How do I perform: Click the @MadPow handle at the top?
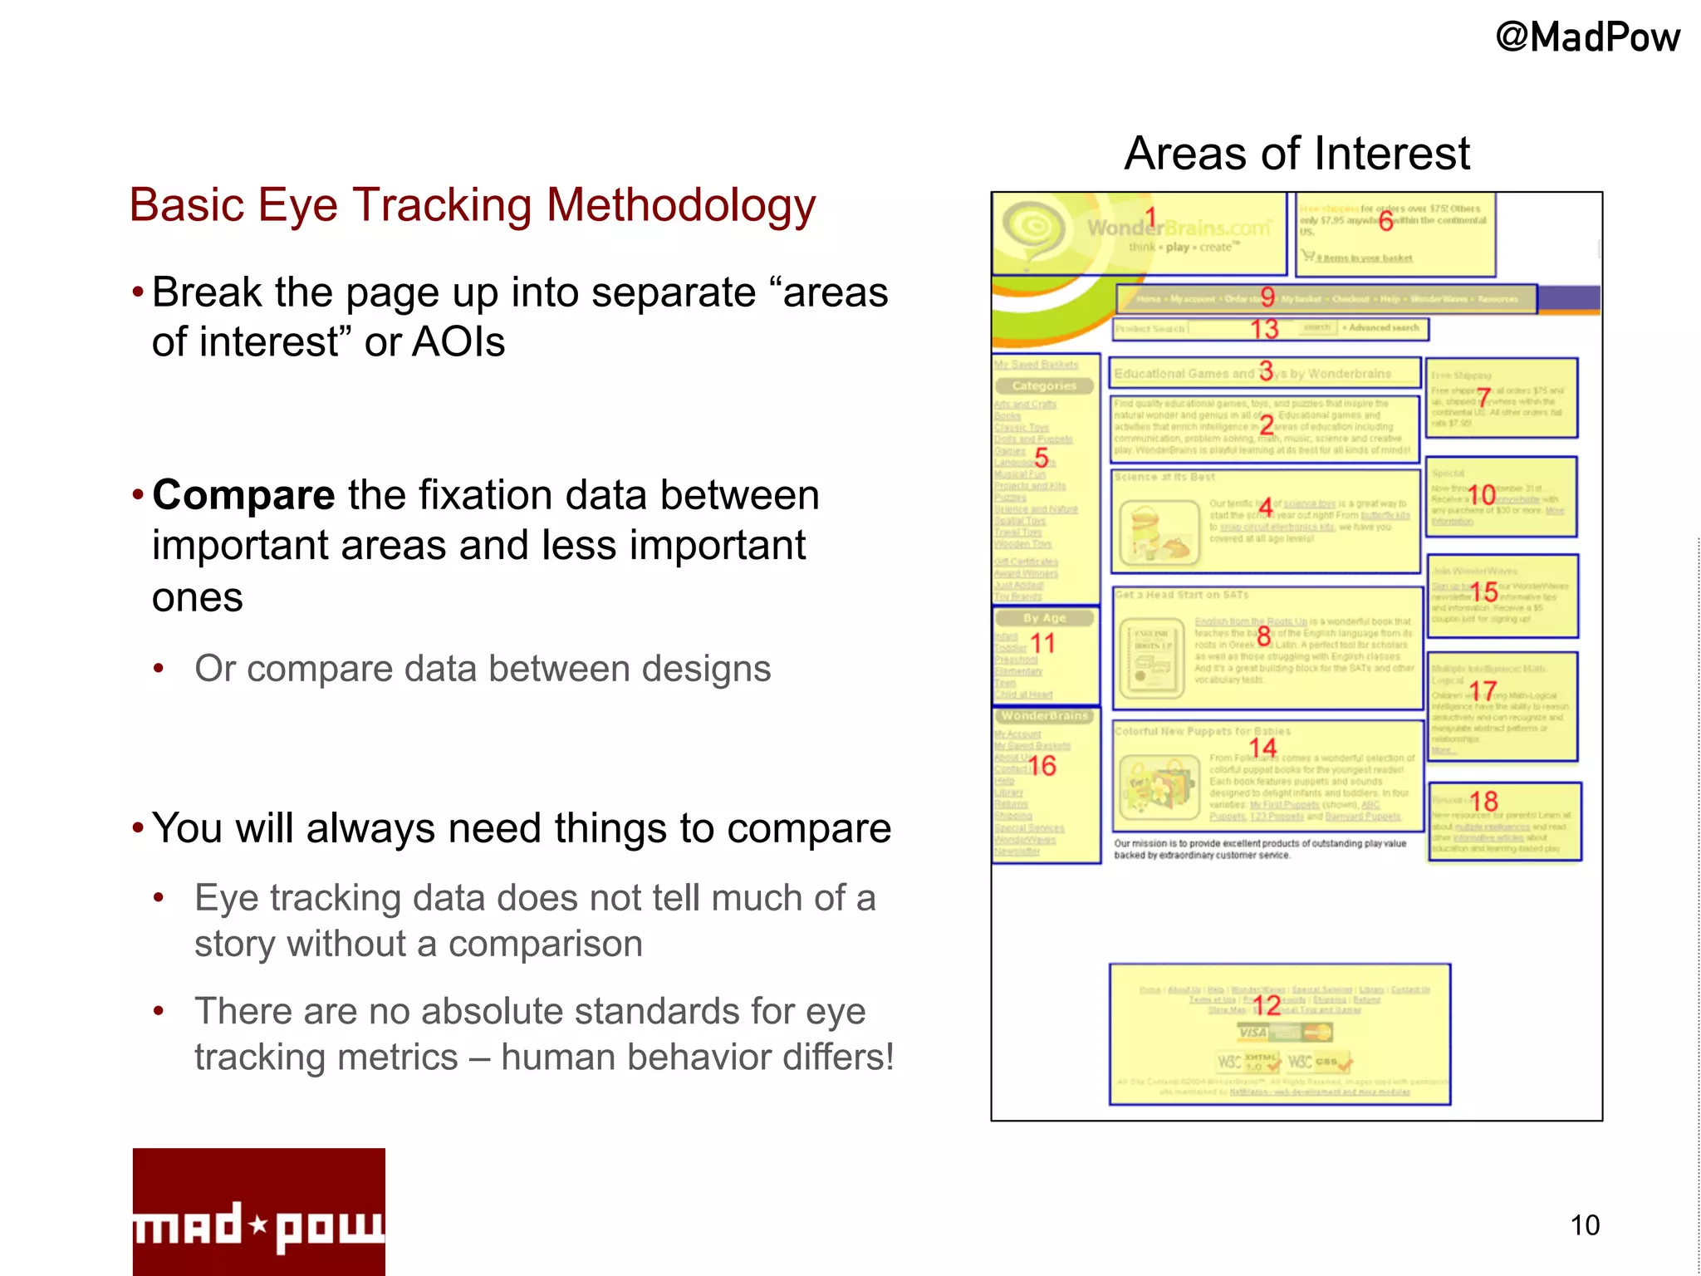tap(1587, 38)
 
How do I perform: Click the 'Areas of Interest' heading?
tap(1297, 154)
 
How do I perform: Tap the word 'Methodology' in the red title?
tap(681, 206)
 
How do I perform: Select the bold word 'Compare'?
tap(243, 495)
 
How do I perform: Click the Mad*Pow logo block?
tap(258, 1211)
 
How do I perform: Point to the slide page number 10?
tap(1585, 1225)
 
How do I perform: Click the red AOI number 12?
tap(1267, 1006)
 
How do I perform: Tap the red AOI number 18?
tap(1483, 802)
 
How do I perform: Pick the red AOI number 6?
tap(1385, 221)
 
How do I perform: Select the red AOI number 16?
tap(1042, 766)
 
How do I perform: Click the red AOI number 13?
tap(1264, 330)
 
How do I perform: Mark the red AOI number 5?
tap(1041, 457)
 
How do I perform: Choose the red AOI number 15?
tap(1484, 592)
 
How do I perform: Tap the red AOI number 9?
tap(1267, 297)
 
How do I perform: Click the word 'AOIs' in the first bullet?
tap(459, 342)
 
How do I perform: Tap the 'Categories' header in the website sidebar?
tap(1044, 386)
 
